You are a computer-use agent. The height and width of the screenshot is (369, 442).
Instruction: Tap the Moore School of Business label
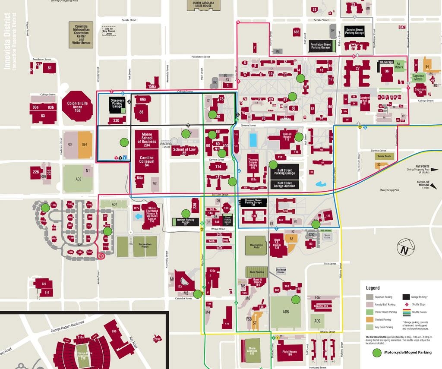click(x=147, y=138)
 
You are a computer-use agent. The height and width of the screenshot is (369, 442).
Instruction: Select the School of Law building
click(x=184, y=151)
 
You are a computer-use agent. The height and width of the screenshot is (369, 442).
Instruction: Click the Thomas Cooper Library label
click(x=253, y=164)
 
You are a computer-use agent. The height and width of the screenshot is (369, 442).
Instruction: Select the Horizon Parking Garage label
click(x=186, y=221)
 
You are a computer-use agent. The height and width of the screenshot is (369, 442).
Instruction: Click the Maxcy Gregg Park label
click(x=389, y=189)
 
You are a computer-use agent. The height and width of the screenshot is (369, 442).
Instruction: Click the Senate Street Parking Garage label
click(x=354, y=31)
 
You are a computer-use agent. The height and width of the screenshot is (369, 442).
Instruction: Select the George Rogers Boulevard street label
click(x=72, y=325)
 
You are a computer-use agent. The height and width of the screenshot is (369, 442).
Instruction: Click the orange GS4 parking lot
click(x=85, y=145)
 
